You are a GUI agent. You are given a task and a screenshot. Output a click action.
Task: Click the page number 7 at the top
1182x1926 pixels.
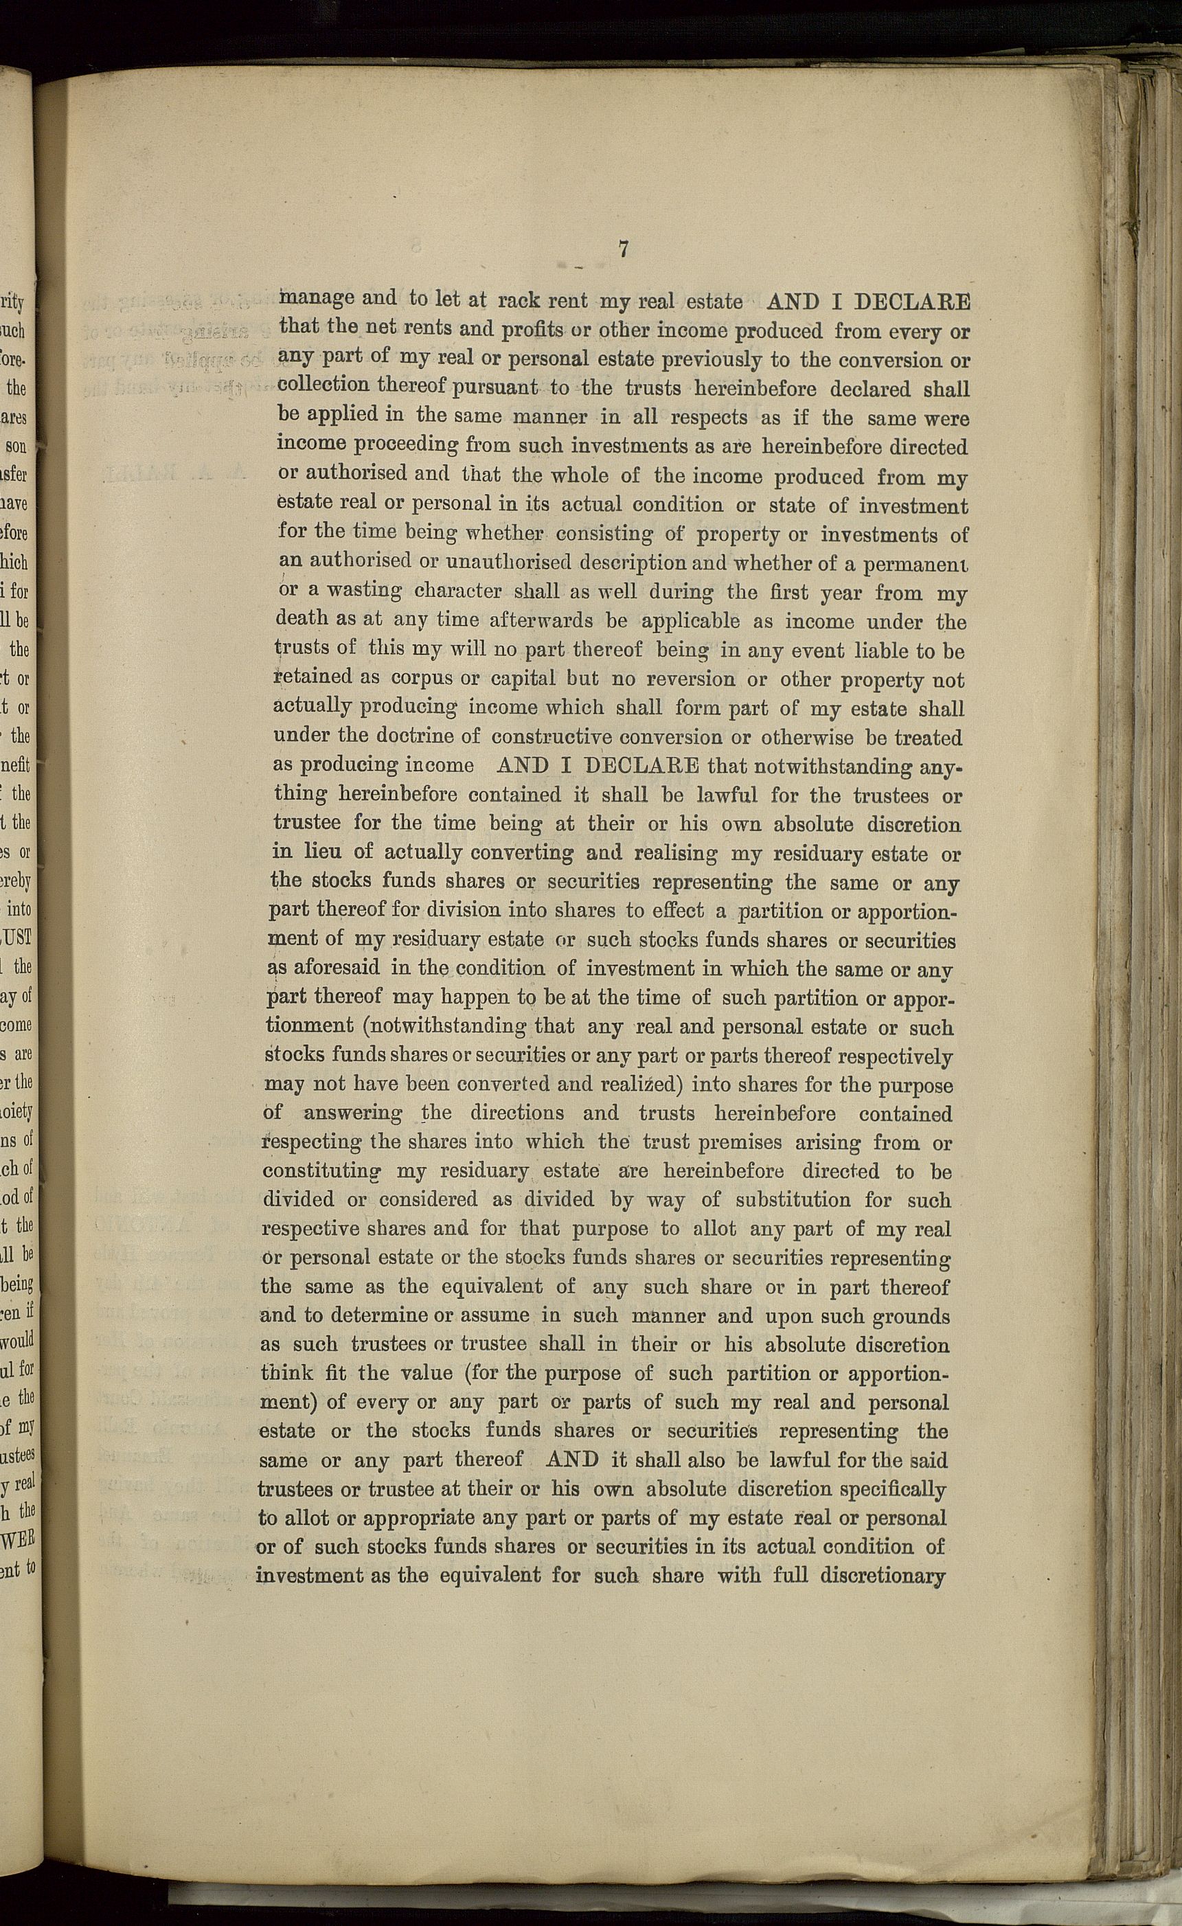623,249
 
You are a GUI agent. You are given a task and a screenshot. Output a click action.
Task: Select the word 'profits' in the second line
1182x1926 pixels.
532,330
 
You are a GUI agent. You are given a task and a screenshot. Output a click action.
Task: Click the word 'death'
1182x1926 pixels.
302,619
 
